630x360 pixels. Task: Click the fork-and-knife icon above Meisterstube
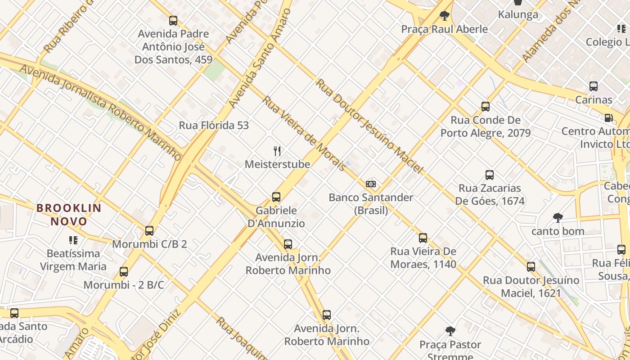click(277, 151)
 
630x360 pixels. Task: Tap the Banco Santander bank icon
click(371, 184)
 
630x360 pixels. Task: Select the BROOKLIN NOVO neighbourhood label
click(69, 215)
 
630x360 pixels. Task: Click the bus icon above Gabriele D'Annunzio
click(276, 197)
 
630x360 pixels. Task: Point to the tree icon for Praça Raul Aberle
click(445, 16)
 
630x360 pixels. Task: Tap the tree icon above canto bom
click(558, 218)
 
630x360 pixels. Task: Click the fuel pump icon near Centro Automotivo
click(608, 118)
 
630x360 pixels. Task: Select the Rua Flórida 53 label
click(214, 126)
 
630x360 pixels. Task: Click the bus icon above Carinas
click(594, 86)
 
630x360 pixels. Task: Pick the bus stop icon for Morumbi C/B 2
click(149, 231)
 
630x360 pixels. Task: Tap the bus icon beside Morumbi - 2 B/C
click(124, 272)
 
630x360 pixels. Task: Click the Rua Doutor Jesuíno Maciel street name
click(369, 126)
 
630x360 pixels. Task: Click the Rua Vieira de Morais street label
click(304, 133)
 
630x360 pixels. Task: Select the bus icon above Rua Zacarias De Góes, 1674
click(490, 175)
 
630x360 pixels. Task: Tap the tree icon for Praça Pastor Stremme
click(450, 332)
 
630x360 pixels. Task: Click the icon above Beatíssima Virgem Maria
click(73, 240)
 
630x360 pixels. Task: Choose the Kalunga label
click(518, 15)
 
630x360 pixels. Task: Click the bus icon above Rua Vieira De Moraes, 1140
click(423, 238)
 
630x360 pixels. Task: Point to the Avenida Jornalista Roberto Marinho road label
click(101, 112)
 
